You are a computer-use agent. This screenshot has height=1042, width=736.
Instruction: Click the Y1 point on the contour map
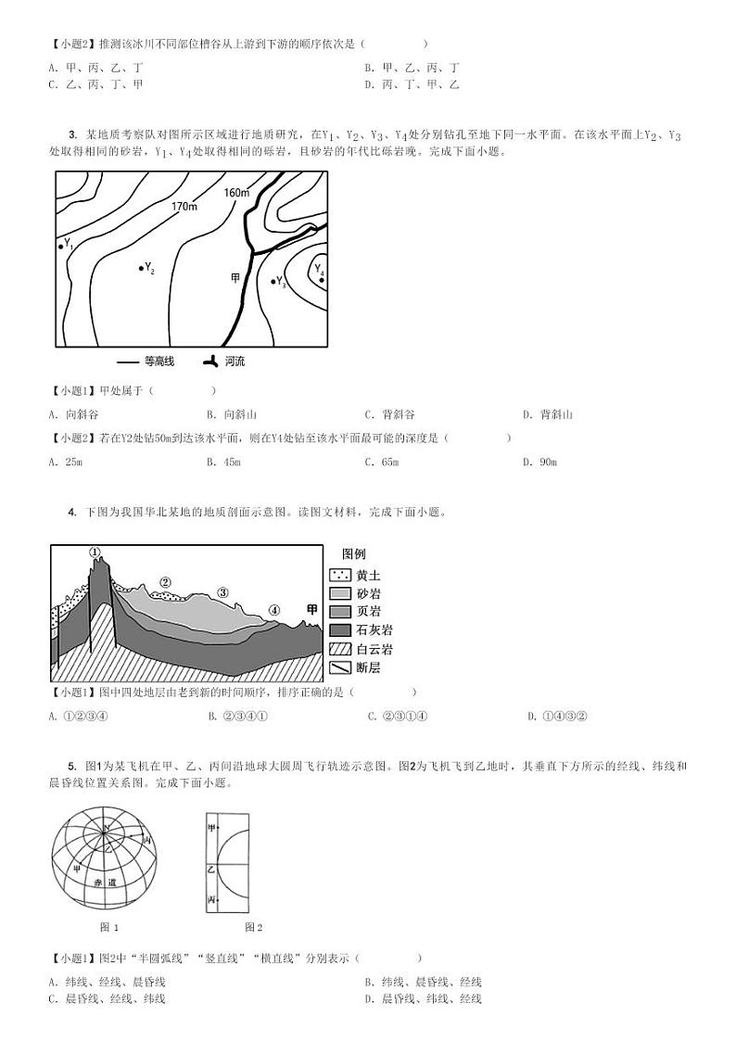[61, 246]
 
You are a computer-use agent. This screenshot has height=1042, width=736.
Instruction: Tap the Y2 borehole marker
[141, 267]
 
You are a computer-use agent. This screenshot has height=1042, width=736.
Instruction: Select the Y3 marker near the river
[273, 280]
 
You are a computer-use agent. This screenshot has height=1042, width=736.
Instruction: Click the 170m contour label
[184, 206]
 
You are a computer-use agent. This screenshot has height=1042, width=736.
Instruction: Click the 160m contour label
[237, 193]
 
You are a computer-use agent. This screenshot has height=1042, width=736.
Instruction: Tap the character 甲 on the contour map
[235, 277]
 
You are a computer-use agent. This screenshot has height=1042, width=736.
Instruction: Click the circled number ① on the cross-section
[95, 552]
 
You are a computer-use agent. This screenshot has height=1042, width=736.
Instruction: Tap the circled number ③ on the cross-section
[222, 591]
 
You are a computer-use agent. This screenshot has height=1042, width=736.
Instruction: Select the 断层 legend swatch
[339, 667]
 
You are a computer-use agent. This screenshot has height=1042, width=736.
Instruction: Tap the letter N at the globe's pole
[106, 828]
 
